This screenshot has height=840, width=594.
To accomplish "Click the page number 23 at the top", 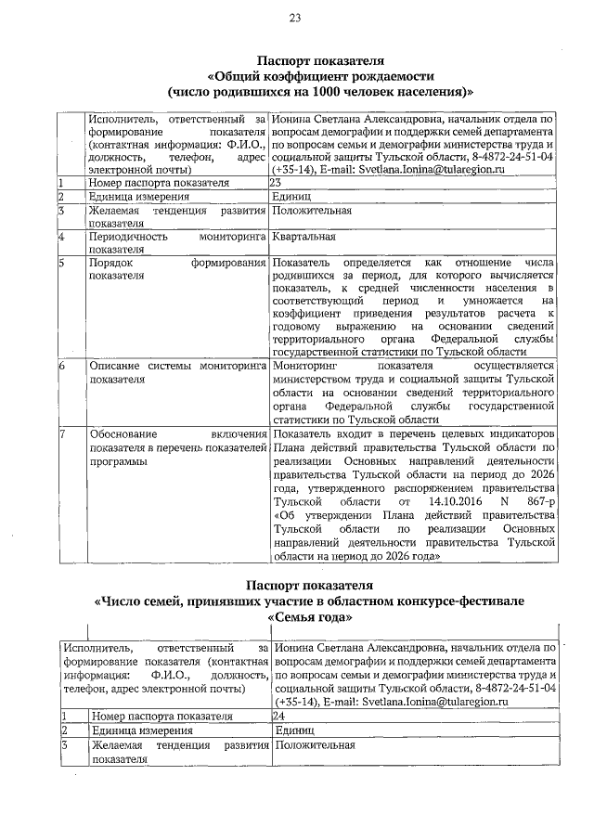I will pos(296,17).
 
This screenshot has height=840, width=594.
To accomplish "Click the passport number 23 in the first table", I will pos(277,184).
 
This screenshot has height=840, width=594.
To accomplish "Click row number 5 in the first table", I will pos(61,264).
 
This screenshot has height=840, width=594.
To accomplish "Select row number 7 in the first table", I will pos(61,433).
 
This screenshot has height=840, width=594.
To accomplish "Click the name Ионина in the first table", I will pos(296,120).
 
